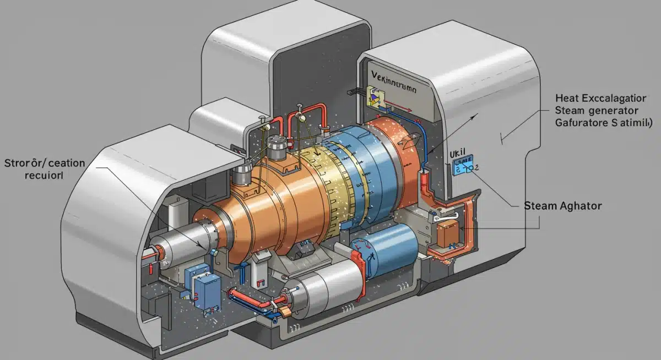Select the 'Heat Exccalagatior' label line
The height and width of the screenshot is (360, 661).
click(600, 99)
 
